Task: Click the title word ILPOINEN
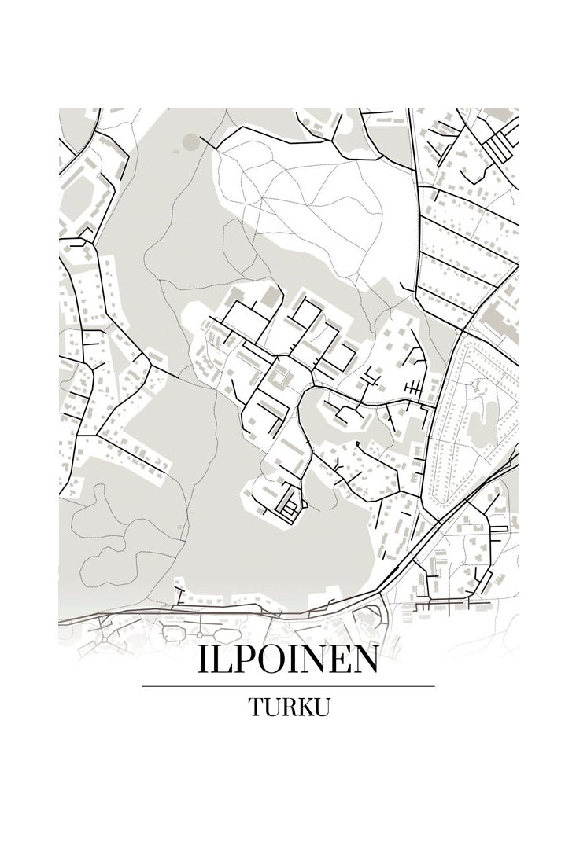[x=288, y=660]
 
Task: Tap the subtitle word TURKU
[x=288, y=706]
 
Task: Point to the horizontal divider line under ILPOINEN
[x=288, y=686]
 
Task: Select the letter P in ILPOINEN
[x=236, y=660]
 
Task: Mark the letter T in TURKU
[x=257, y=706]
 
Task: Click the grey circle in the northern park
[x=191, y=142]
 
